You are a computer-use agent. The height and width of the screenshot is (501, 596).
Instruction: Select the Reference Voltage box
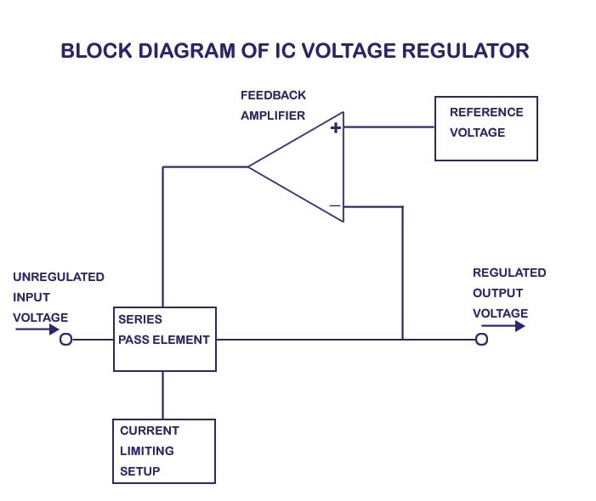coord(485,128)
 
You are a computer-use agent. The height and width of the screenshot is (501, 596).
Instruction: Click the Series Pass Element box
coord(164,340)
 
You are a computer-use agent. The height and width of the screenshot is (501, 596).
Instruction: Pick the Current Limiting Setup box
coord(163,451)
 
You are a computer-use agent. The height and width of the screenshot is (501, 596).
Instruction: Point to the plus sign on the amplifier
coord(335,127)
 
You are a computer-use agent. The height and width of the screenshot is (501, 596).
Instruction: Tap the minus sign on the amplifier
coord(335,205)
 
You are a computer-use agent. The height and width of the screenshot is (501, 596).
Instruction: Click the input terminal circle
coord(65,340)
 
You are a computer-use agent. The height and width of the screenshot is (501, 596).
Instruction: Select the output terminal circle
coord(481,340)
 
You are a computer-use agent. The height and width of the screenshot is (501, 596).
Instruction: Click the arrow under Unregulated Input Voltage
coord(37,329)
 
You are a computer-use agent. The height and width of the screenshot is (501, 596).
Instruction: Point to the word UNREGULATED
coord(59,277)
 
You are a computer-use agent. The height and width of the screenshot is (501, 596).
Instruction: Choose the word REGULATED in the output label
coord(509,273)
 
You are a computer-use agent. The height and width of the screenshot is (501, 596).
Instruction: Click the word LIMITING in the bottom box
coord(146,451)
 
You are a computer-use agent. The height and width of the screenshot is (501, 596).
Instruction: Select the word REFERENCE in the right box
coord(486,112)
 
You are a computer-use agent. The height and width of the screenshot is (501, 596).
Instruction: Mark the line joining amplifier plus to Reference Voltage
coord(389,127)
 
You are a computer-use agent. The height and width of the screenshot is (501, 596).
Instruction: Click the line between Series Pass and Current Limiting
coord(163,395)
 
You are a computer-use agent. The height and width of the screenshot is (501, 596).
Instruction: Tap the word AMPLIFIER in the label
coord(273,115)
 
